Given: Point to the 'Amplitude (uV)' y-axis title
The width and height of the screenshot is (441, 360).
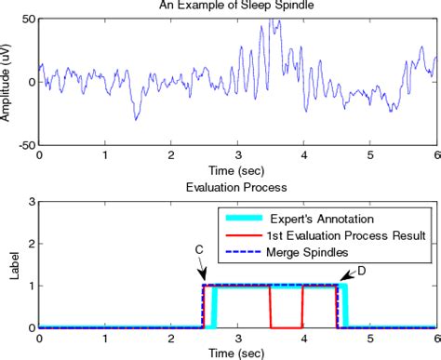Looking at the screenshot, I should point(7,82).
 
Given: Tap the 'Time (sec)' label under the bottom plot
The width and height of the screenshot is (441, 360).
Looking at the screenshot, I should point(237,353).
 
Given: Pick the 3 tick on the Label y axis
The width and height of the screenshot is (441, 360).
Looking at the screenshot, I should point(31,202).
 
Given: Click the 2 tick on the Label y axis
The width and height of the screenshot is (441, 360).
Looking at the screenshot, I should point(31,244).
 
